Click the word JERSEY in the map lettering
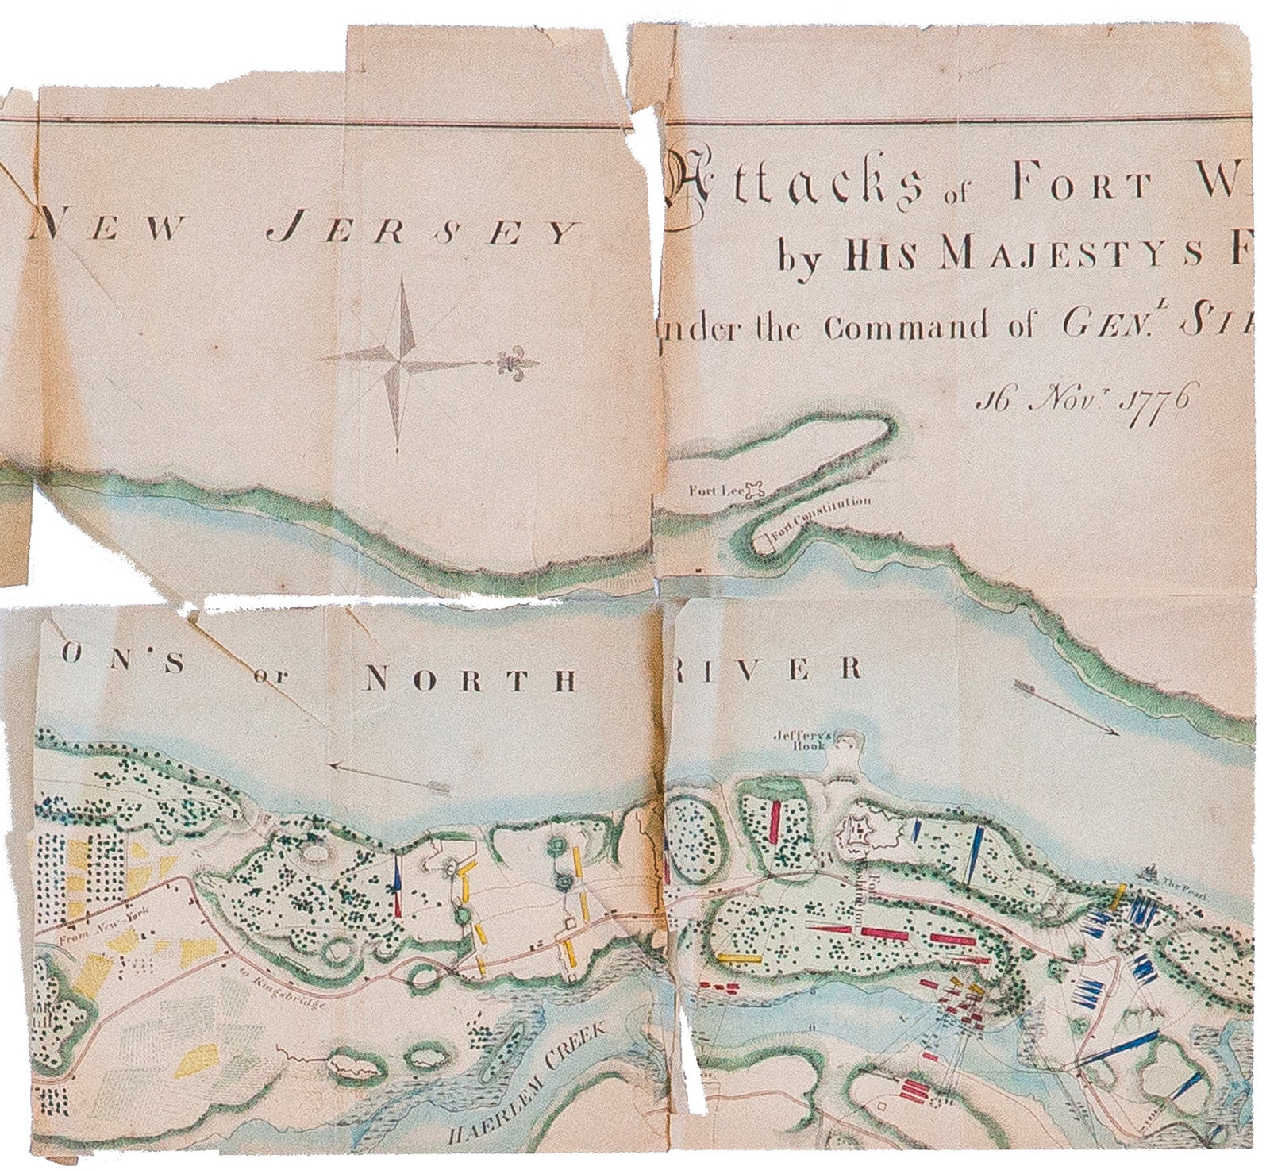click(x=421, y=233)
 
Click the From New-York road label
click(x=87, y=929)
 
